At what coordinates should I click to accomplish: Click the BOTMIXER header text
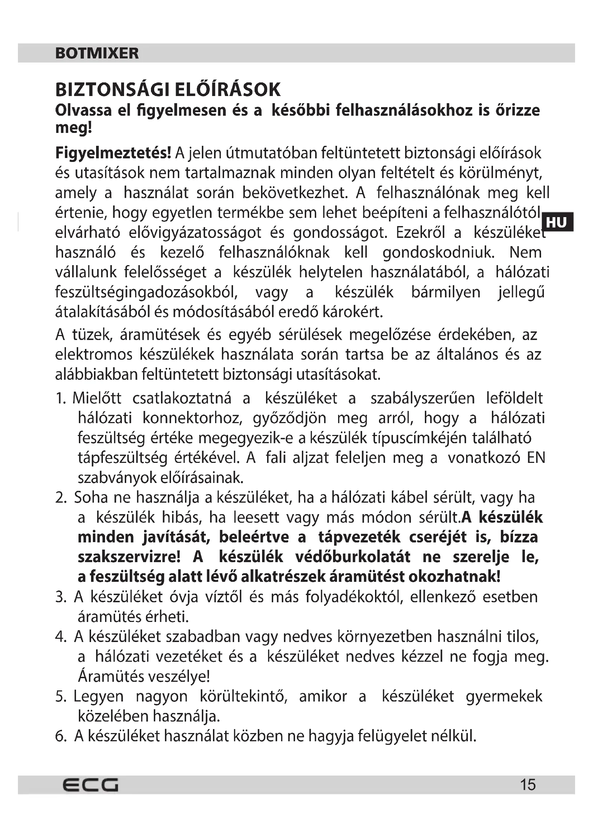(x=97, y=53)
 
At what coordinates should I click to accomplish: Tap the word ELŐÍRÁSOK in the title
(x=228, y=90)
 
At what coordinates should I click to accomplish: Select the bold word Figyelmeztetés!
(x=113, y=153)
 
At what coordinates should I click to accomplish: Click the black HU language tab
(x=557, y=222)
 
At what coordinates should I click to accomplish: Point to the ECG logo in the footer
(x=90, y=785)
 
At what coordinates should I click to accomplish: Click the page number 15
(x=528, y=785)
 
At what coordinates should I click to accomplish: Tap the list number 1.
(x=60, y=398)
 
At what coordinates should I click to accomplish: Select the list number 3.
(x=60, y=597)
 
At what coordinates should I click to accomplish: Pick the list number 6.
(x=60, y=736)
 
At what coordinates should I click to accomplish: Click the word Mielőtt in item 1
(x=97, y=398)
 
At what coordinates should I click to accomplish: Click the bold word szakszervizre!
(x=129, y=557)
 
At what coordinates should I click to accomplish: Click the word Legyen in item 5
(x=99, y=696)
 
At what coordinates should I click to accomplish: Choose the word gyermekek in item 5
(x=504, y=696)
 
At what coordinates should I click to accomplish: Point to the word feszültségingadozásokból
(x=146, y=292)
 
